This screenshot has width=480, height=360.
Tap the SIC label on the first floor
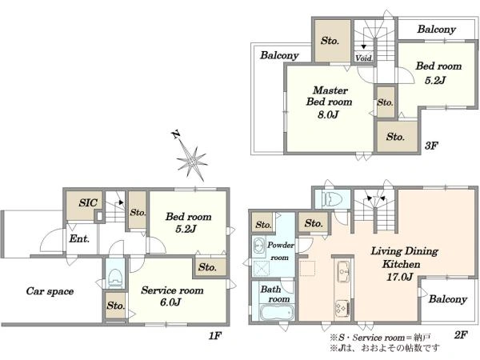88,202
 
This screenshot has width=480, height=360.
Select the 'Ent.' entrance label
79,238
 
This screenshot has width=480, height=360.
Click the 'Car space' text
50,291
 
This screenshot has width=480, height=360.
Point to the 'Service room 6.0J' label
172,296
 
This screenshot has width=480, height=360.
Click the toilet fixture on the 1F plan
115,278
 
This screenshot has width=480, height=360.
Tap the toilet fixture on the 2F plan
330,198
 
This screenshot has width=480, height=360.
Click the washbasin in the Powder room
259,246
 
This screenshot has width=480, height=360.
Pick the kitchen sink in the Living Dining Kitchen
343,272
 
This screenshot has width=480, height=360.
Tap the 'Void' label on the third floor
364,58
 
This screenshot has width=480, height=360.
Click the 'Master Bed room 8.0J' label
329,102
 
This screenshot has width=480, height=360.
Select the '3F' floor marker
431,146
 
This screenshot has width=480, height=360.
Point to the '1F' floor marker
215,336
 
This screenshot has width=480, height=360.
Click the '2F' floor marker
461,335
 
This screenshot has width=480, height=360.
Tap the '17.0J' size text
400,278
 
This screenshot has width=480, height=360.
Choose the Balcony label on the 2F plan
448,299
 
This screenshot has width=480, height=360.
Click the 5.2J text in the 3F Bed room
435,80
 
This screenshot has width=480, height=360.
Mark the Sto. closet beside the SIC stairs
138,212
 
